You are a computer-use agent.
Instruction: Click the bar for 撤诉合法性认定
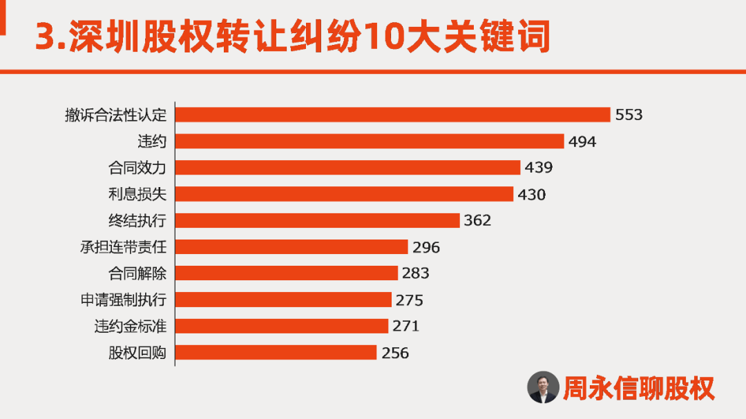[392, 115]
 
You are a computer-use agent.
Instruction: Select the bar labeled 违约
[370, 142]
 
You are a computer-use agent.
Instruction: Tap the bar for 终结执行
[317, 220]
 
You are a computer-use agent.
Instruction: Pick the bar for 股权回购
[276, 353]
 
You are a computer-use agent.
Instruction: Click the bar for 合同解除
[287, 273]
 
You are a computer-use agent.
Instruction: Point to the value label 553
[629, 115]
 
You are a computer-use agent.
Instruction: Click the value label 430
[531, 195]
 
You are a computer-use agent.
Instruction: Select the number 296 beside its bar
[425, 247]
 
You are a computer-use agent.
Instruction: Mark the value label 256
[394, 353]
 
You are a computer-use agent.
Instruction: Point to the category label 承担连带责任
[124, 247]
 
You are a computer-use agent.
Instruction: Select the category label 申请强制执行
[124, 300]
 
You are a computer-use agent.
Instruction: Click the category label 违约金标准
[131, 327]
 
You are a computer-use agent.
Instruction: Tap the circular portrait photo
[543, 388]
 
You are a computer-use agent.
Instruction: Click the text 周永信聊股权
[639, 388]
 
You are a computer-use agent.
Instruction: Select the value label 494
[582, 142]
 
